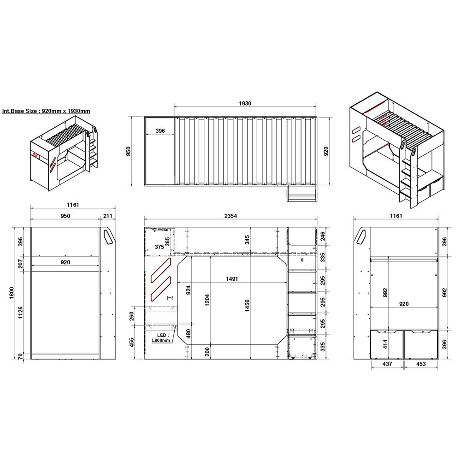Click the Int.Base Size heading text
point(46,111)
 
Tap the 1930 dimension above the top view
point(245,103)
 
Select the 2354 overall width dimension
point(230,216)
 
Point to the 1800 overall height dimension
point(12,293)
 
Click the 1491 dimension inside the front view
point(232,279)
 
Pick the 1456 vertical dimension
point(247,306)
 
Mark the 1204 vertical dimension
point(207,300)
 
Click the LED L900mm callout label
point(161,338)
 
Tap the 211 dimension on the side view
point(107,216)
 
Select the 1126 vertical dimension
point(20,313)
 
